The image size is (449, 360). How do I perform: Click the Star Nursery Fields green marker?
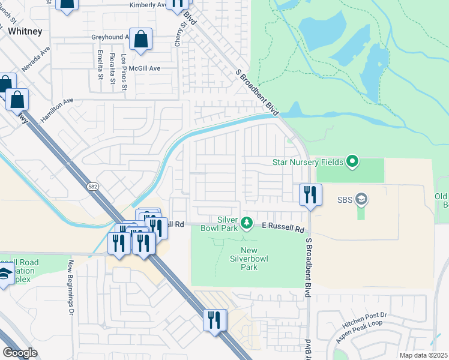(x=352, y=161)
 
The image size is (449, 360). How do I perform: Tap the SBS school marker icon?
(x=361, y=198)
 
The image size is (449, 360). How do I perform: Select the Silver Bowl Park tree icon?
(x=246, y=224)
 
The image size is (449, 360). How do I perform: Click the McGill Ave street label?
(x=146, y=68)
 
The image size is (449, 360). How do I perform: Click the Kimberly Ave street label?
(x=148, y=5)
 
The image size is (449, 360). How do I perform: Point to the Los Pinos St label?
(x=124, y=73)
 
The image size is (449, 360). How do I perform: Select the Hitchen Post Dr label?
(x=365, y=319)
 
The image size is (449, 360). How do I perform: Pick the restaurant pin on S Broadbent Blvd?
(x=310, y=194)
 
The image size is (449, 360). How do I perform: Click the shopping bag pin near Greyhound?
(x=140, y=40)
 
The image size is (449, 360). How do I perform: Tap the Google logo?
(x=20, y=353)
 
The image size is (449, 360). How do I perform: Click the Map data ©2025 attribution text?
(x=423, y=355)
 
